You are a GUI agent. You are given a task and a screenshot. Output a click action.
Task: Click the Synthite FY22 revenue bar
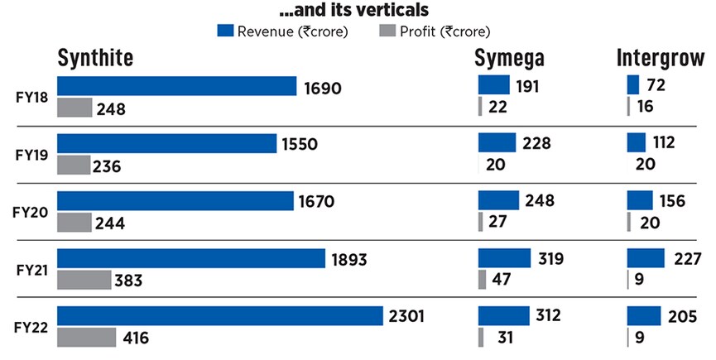pyautogui.click(x=221, y=315)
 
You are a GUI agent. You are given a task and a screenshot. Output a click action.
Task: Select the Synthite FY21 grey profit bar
pyautogui.click(x=84, y=280)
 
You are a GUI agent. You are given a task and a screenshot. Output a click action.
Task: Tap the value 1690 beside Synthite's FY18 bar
pyautogui.click(x=324, y=87)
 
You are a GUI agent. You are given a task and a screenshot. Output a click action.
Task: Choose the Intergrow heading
pyautogui.click(x=660, y=58)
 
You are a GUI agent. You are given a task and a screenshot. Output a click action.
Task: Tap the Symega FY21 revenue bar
pyautogui.click(x=503, y=258)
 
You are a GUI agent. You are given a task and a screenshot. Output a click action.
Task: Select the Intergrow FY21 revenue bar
pyautogui.click(x=646, y=258)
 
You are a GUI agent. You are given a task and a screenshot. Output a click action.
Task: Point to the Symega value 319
pyautogui.click(x=549, y=259)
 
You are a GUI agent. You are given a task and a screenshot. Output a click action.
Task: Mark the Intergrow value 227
pyautogui.click(x=688, y=259)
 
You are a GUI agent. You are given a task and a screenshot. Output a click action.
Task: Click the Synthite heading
pyautogui.click(x=95, y=58)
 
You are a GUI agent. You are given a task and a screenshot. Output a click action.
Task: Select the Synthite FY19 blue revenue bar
pyautogui.click(x=166, y=143)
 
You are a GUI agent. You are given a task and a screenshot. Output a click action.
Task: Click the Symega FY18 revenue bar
pyautogui.click(x=493, y=85)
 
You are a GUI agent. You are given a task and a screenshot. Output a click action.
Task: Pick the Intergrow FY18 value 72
pyautogui.click(x=657, y=85)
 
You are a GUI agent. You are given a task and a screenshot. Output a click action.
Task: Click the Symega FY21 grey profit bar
pyautogui.click(x=483, y=280)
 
